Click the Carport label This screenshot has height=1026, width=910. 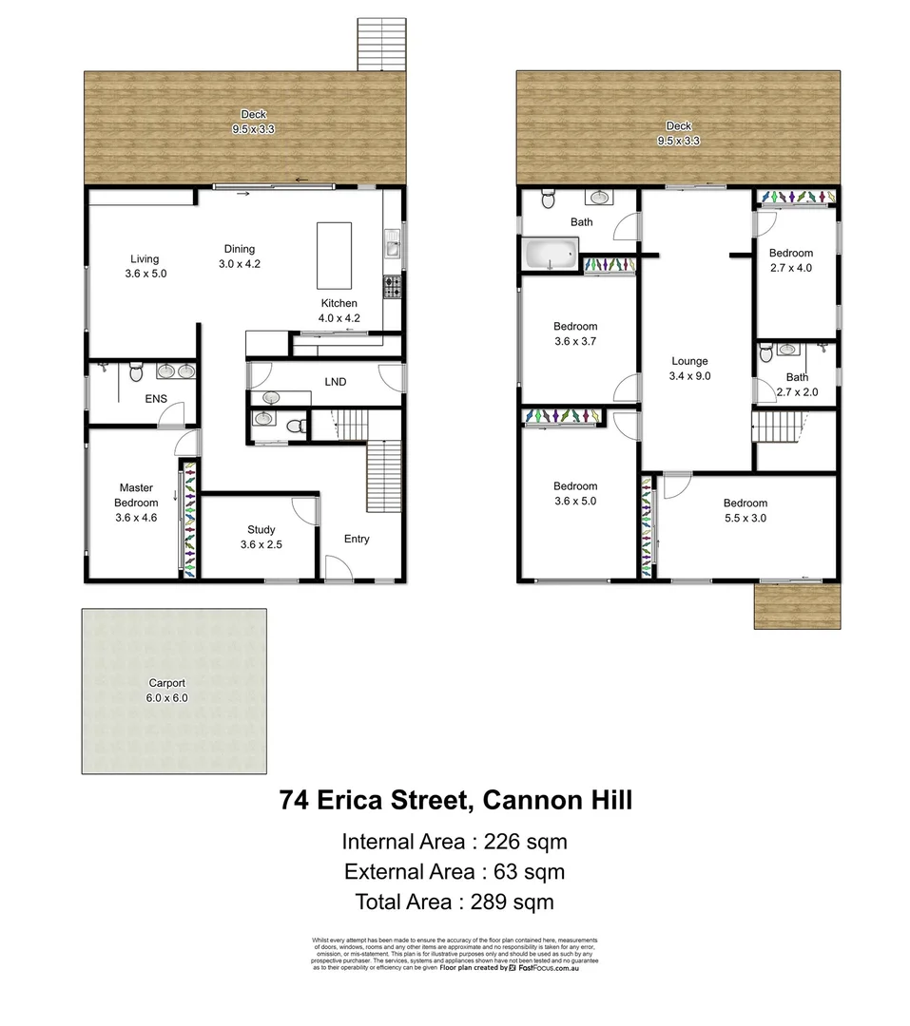tap(166, 690)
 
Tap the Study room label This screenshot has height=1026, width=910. tap(261, 537)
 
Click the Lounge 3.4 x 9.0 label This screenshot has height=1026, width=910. tap(689, 368)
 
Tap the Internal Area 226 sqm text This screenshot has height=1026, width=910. tap(455, 841)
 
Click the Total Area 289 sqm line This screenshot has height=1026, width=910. tap(455, 902)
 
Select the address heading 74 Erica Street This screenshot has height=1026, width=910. tap(455, 800)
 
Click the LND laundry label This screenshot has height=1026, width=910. tap(335, 382)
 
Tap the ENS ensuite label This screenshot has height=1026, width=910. tap(156, 399)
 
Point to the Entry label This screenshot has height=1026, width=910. tap(357, 540)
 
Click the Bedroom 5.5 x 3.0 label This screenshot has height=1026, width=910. tap(745, 510)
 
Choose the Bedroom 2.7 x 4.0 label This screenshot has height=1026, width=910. tap(791, 260)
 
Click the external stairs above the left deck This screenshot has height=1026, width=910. tap(382, 44)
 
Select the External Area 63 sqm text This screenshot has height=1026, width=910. tap(455, 871)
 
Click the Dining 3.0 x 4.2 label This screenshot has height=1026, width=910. tap(240, 256)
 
